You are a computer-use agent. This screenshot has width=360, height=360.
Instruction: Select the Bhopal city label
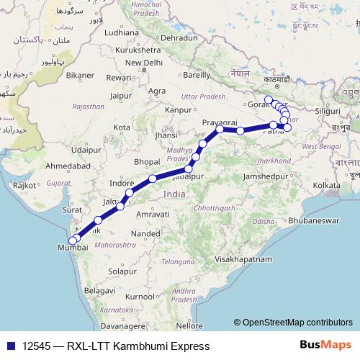[146, 161]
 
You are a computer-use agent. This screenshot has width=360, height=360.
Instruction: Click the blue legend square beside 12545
[10, 346]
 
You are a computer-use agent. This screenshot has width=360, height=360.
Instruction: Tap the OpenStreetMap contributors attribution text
[297, 322]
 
